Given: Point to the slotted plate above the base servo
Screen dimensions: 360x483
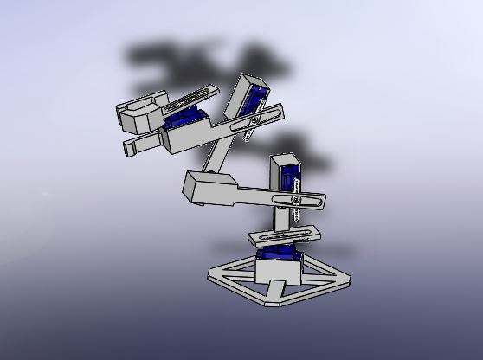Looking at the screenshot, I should [284, 235].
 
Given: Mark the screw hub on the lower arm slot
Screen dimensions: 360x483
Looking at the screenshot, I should [296, 201].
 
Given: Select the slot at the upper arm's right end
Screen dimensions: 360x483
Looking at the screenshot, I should [265, 112].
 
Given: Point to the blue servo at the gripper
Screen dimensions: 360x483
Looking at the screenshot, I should [184, 119].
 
